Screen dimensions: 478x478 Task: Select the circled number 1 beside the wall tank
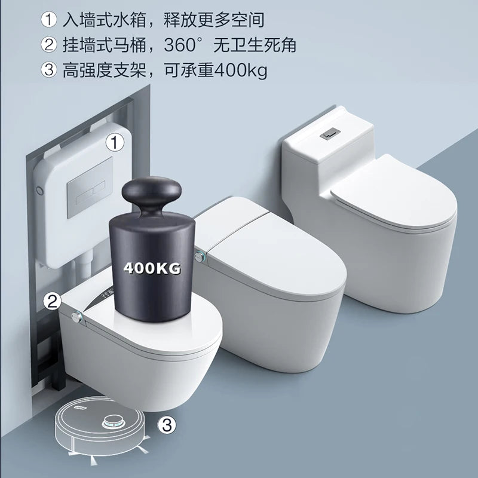[114, 142]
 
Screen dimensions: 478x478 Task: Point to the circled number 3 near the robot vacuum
[168, 425]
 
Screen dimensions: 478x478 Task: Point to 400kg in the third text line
[240, 71]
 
